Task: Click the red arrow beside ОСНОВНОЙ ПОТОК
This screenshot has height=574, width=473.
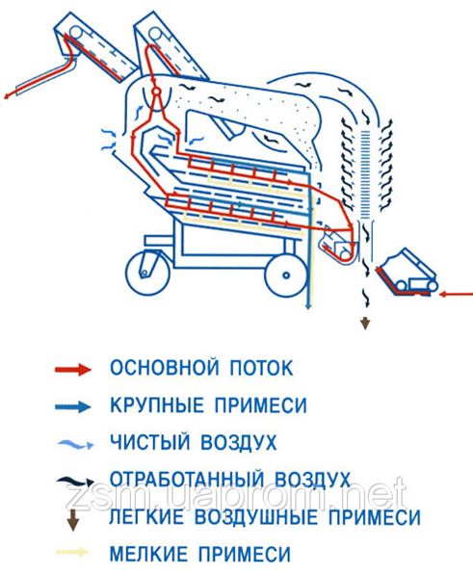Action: (x=71, y=369)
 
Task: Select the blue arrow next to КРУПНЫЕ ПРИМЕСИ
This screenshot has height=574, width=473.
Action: (x=71, y=405)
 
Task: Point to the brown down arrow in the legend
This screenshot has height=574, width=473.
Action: (x=71, y=518)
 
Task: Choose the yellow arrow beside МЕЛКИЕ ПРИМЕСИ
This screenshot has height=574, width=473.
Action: (x=71, y=554)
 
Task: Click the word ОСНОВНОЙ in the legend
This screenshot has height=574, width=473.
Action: (x=155, y=369)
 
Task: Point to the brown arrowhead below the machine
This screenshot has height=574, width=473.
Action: (x=365, y=325)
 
